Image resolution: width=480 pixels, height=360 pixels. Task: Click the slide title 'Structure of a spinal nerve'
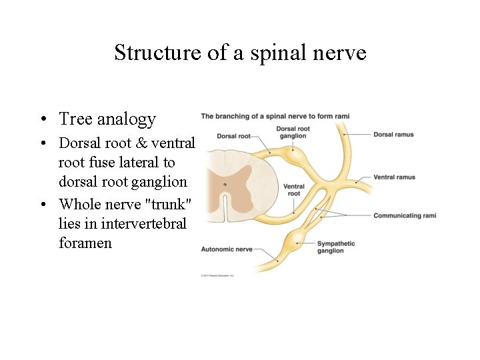tap(240, 52)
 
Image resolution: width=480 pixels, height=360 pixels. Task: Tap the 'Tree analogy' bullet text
tap(107, 119)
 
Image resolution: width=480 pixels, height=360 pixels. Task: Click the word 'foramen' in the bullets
tap(85, 243)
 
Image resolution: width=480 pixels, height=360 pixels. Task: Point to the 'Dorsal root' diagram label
tap(234, 136)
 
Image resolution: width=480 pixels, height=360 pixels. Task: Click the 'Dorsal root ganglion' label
tap(293, 132)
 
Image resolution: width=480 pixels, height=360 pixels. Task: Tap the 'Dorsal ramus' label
tap(393, 135)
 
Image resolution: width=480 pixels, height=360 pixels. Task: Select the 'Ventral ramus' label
tap(394, 177)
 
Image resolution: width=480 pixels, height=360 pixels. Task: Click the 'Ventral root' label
tap(294, 190)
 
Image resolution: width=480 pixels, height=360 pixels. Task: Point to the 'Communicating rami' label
tap(405, 215)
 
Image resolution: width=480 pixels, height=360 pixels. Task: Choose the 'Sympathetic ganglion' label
tap(336, 247)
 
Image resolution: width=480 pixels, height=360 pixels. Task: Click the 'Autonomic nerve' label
tap(227, 249)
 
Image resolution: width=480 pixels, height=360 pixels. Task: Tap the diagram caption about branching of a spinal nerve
tap(275, 117)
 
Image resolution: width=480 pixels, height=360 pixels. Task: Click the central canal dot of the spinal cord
tap(225, 184)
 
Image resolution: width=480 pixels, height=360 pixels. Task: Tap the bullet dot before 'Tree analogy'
tap(42, 120)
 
